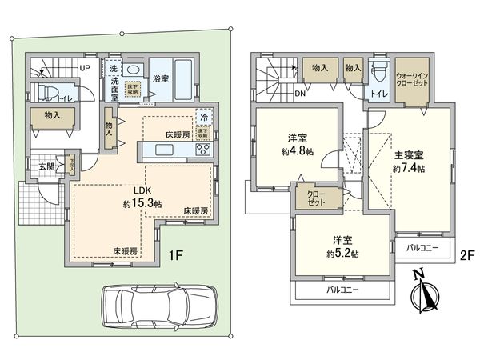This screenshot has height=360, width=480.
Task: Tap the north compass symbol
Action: click(x=424, y=293)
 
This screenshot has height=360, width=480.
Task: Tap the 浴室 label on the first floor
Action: click(x=160, y=78)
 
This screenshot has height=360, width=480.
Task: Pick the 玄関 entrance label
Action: click(x=46, y=166)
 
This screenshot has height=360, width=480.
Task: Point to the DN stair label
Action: click(x=277, y=94)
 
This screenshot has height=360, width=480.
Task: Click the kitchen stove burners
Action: click(x=202, y=150)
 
